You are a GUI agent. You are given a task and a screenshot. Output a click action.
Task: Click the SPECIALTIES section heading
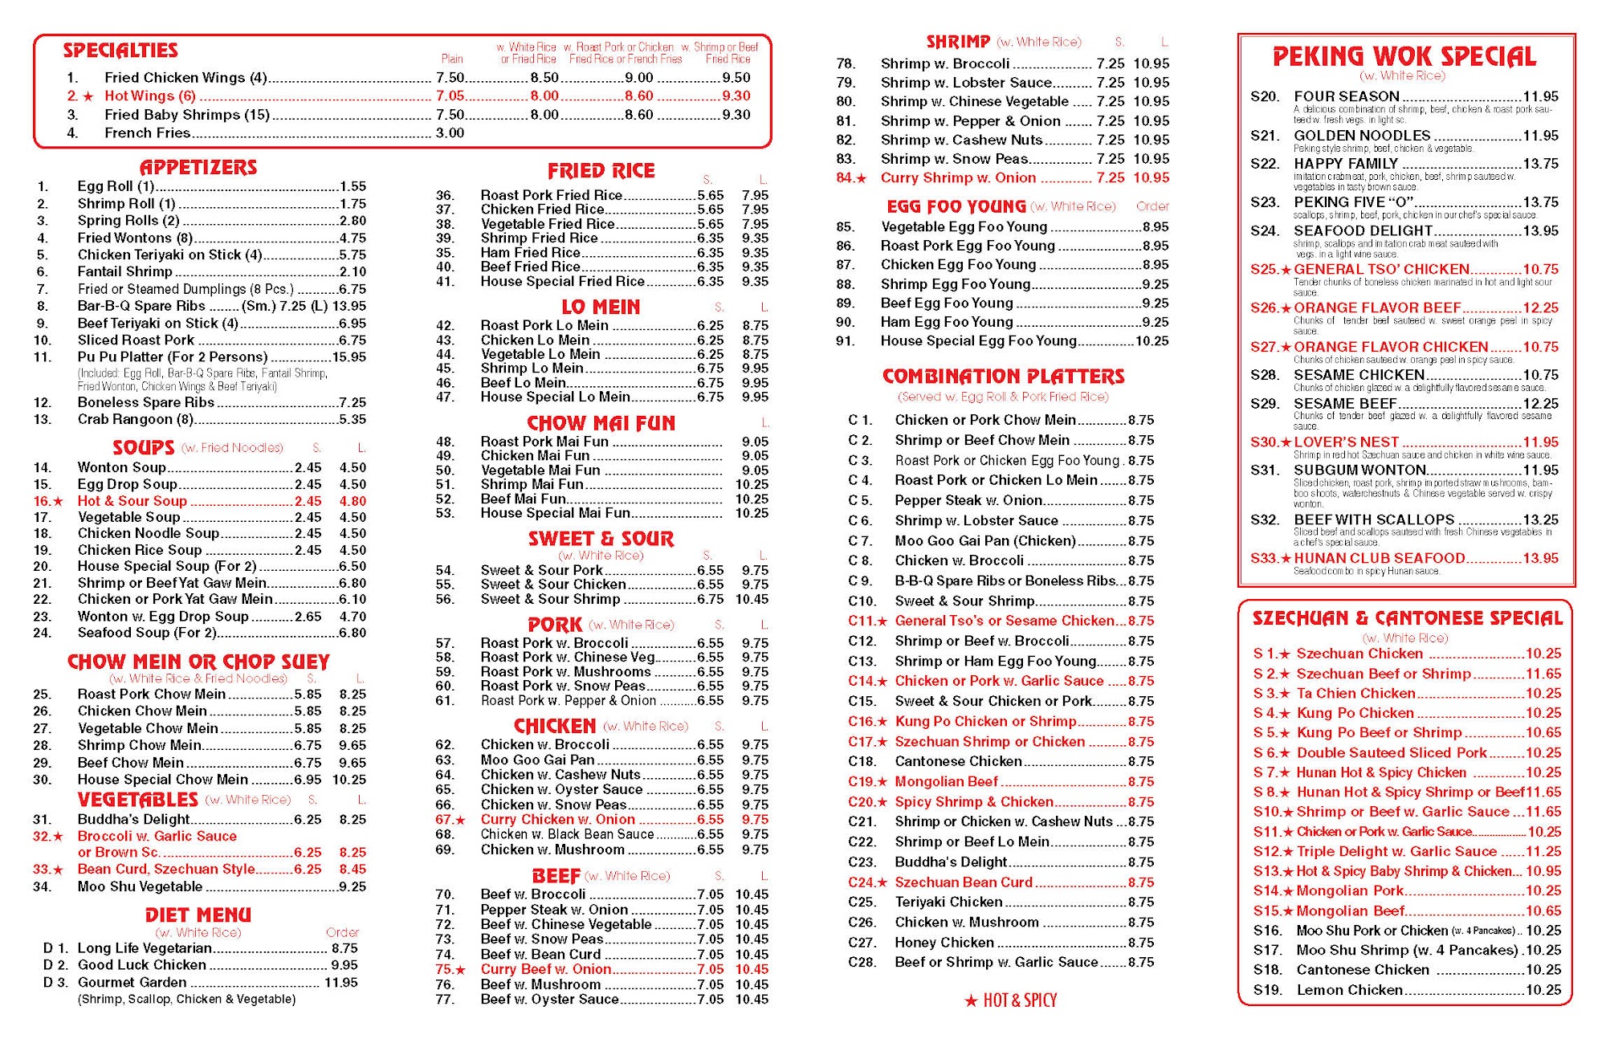click(x=120, y=51)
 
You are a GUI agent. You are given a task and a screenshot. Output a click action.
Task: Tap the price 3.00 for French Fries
click(x=450, y=133)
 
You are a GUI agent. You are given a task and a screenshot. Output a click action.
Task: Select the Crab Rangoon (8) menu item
click(x=136, y=419)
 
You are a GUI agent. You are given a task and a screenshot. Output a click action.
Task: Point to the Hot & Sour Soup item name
click(x=132, y=501)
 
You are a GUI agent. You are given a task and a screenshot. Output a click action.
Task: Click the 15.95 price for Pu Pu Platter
click(x=349, y=357)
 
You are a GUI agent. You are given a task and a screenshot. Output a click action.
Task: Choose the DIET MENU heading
click(x=198, y=915)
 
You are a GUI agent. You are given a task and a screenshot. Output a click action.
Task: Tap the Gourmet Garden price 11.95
click(x=340, y=983)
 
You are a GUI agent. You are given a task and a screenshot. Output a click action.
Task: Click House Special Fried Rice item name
click(x=562, y=282)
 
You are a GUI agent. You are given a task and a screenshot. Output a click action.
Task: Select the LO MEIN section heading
click(x=601, y=308)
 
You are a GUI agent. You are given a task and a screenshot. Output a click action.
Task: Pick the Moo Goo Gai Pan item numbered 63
click(x=537, y=760)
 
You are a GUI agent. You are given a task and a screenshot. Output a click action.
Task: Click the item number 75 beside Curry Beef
click(x=445, y=970)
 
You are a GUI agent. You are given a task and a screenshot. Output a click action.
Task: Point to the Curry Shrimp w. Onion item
click(x=958, y=178)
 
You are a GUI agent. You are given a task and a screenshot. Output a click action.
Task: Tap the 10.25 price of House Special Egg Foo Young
click(x=1152, y=341)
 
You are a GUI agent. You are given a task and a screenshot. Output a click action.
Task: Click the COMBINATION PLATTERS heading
click(x=1003, y=377)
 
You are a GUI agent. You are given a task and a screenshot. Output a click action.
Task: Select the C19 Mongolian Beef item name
click(x=946, y=782)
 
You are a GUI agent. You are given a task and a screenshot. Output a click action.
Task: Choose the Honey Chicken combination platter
click(x=944, y=943)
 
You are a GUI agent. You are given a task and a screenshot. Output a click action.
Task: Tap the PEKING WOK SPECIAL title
click(x=1404, y=57)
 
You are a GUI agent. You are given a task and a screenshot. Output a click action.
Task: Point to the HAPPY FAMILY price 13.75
click(x=1540, y=164)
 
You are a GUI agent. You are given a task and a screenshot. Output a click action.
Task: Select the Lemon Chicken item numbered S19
click(x=1349, y=991)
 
